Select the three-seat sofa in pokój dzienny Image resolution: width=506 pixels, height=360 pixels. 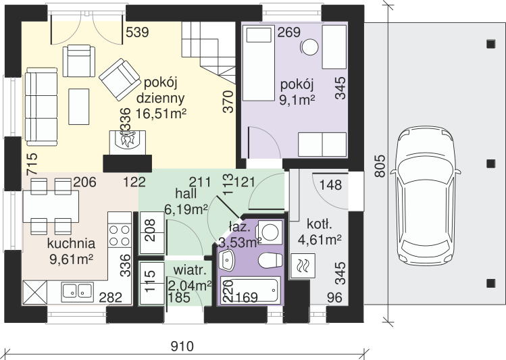click(x=41, y=107)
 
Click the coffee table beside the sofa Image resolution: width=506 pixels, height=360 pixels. click(x=79, y=107)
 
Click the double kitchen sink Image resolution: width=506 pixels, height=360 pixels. click(x=78, y=290)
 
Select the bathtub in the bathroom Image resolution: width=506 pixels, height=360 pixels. click(x=249, y=290)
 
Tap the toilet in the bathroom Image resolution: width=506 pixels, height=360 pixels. click(x=270, y=260)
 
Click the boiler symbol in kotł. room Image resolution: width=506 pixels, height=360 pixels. click(x=303, y=266)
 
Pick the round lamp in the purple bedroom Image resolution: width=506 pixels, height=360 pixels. click(x=310, y=47)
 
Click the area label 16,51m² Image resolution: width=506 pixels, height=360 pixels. click(x=161, y=113)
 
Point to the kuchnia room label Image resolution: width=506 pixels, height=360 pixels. click(x=71, y=244)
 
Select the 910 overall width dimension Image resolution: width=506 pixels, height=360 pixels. click(x=182, y=346)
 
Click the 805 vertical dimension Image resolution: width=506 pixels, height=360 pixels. click(x=380, y=166)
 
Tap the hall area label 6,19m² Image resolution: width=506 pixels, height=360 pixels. click(x=186, y=209)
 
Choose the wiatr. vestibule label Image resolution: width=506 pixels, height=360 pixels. click(x=189, y=270)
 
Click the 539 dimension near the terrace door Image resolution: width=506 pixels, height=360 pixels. click(x=137, y=32)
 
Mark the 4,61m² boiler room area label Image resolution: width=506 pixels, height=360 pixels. click(x=320, y=240)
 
